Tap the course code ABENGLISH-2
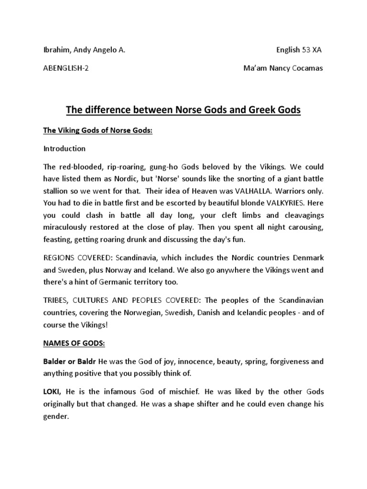pyautogui.click(x=66, y=68)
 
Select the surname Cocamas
pyautogui.click(x=306, y=68)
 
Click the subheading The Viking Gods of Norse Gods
pyautogui.click(x=97, y=130)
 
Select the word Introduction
pyautogui.click(x=65, y=149)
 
